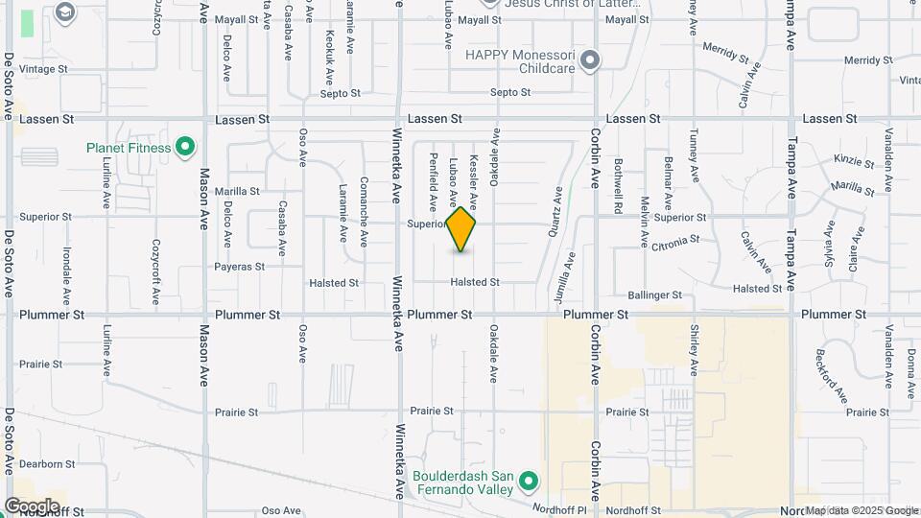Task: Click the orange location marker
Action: click(x=461, y=229)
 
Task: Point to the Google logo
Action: click(x=32, y=506)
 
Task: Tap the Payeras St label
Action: click(x=239, y=267)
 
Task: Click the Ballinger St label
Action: click(x=654, y=295)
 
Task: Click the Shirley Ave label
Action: click(x=694, y=348)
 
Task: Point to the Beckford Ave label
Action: click(x=832, y=376)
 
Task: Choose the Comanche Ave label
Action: click(x=364, y=199)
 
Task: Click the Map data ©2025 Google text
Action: click(x=861, y=510)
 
